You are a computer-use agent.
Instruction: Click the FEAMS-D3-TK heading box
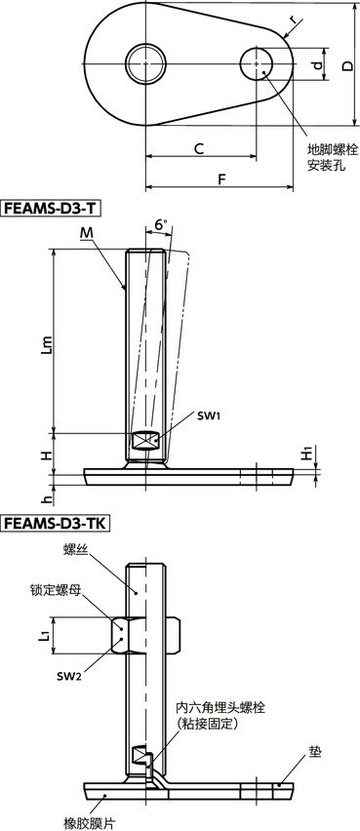tap(55, 524)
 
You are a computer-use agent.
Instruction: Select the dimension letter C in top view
tap(198, 149)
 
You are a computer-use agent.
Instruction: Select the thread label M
tap(89, 232)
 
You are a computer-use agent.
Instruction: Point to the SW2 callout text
tap(66, 677)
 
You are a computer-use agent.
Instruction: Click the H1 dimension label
tap(306, 455)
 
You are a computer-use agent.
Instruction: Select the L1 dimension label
tap(44, 638)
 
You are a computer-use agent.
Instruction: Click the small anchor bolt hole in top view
tap(257, 65)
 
